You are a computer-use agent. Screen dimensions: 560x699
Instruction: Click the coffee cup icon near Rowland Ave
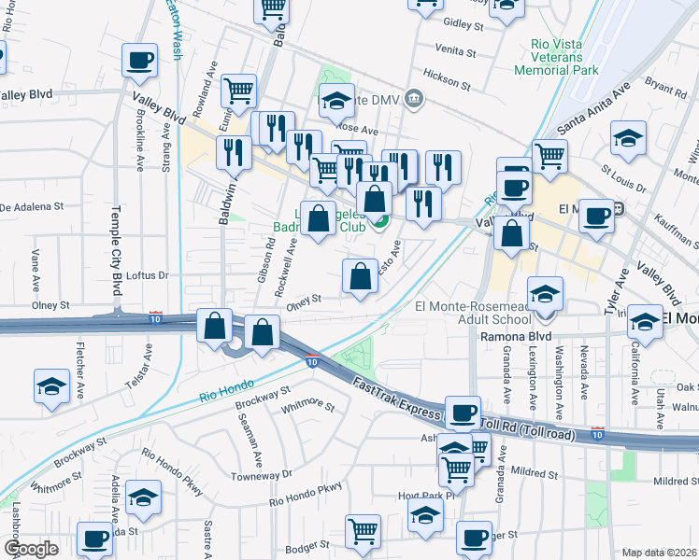coord(140,62)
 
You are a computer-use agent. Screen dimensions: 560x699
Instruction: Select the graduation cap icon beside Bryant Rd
coord(629,139)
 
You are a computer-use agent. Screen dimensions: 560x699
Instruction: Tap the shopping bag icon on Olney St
coord(360,277)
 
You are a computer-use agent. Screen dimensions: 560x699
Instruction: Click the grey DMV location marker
coord(416,98)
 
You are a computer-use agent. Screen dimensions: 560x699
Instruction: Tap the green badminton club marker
coord(379,222)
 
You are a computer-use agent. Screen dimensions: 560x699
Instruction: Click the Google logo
coord(30,549)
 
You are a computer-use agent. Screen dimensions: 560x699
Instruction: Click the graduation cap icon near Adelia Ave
coord(143,499)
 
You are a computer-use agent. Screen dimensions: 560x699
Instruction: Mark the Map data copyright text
coord(660,553)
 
